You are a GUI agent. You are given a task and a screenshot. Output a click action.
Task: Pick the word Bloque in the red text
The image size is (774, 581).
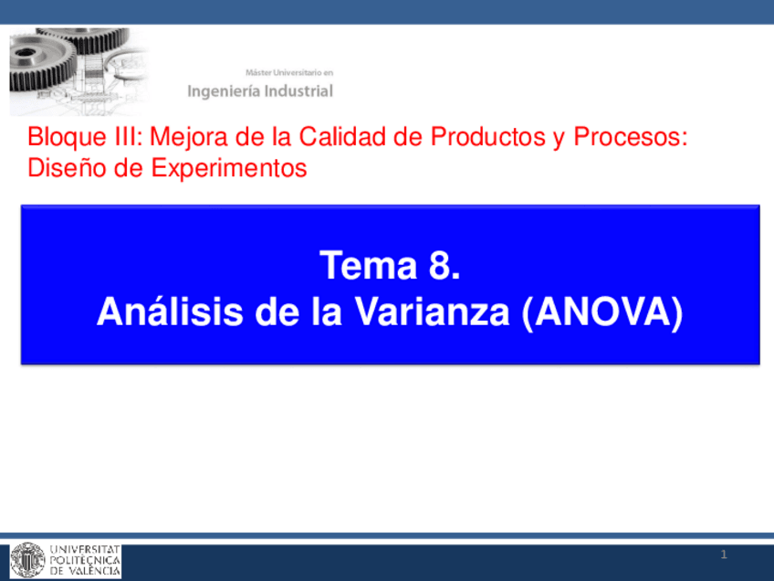click(60, 139)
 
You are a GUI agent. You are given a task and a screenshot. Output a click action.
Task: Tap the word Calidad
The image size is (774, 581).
click(310, 139)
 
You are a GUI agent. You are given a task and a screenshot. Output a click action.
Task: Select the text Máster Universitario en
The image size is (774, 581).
click(288, 71)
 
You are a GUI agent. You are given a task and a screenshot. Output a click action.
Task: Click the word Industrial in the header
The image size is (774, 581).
click(298, 91)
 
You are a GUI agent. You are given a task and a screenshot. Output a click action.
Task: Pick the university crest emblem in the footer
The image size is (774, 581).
click(27, 560)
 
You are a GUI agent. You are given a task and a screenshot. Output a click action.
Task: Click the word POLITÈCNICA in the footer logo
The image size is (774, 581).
click(86, 560)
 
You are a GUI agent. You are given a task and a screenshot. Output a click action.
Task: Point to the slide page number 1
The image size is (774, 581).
click(723, 555)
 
